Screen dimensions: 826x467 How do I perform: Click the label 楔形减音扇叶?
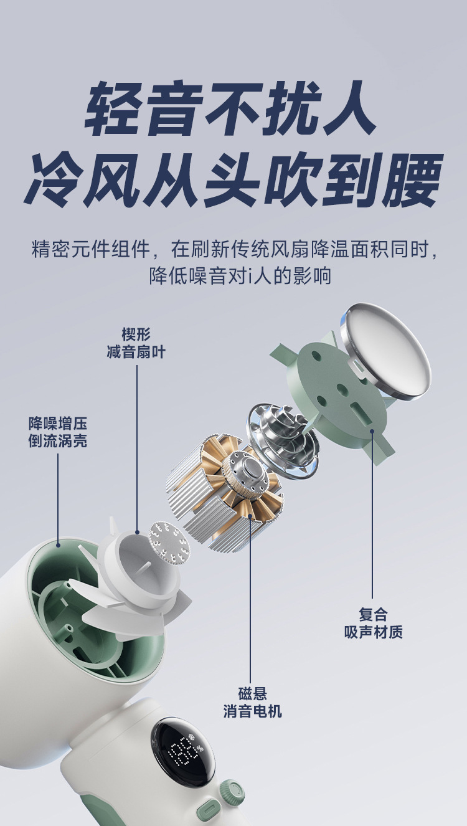136,343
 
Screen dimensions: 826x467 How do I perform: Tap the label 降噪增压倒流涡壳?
57,432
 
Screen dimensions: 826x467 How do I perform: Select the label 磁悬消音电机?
252,702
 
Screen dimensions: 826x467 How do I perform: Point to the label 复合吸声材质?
373,623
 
